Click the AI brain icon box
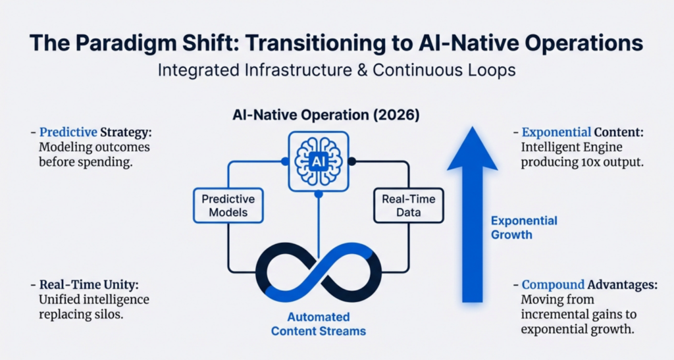pyautogui.click(x=318, y=161)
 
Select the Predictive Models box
pyautogui.click(x=228, y=205)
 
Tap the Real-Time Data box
pyautogui.click(x=408, y=205)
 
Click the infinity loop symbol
pyautogui.click(x=319, y=272)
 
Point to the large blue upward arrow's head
pyautogui.click(x=473, y=148)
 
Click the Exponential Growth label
pyautogui.click(x=524, y=228)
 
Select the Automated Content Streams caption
pyautogui.click(x=319, y=324)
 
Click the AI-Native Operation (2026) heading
pyautogui.click(x=326, y=115)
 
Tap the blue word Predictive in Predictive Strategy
pyautogui.click(x=68, y=132)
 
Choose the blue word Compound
pyautogui.click(x=553, y=284)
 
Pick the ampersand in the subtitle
pyautogui.click(x=362, y=70)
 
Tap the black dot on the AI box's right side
pyautogui.click(x=352, y=161)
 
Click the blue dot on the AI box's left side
pyautogui.click(x=284, y=161)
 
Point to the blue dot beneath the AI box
pyautogui.click(x=319, y=194)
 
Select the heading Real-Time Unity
pyautogui.click(x=89, y=284)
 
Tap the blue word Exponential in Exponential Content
pyautogui.click(x=556, y=132)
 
